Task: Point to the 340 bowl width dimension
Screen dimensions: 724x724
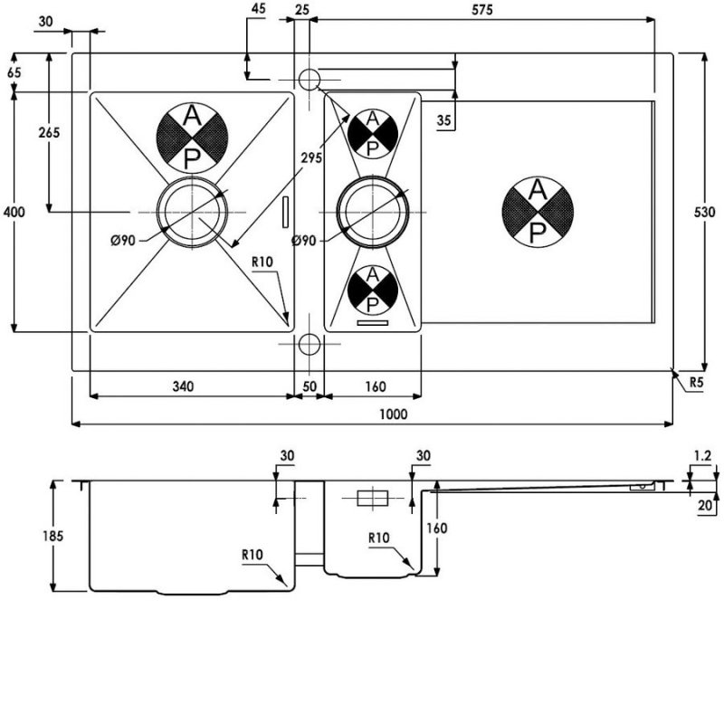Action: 182,387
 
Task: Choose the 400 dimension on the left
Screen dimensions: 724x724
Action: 14,212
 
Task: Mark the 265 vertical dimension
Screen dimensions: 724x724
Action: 49,133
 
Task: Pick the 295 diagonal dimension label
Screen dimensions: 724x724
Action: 310,158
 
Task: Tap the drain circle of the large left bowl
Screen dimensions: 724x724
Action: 192,212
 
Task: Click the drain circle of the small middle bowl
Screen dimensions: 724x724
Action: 372,212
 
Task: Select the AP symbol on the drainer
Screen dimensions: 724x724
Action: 537,212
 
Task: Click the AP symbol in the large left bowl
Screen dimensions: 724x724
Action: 192,138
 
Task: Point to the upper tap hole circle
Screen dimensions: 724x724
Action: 309,80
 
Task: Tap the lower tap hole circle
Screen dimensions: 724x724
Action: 309,345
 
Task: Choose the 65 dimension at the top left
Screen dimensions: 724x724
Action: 14,72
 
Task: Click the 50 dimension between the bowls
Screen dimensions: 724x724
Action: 310,387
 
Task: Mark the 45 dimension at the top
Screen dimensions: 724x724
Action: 259,9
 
